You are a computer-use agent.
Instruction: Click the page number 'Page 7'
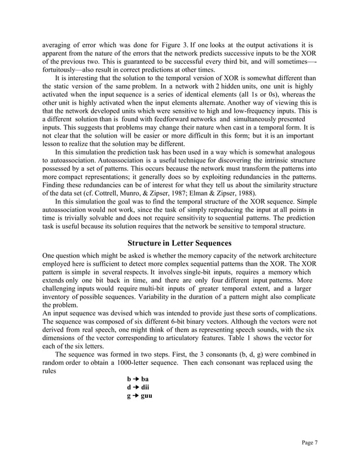click(308, 442)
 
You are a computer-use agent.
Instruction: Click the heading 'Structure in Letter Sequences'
click(179, 243)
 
